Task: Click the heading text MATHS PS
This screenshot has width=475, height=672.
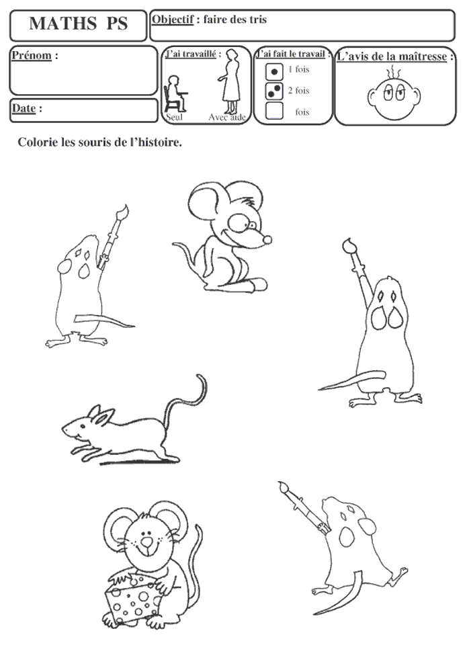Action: (79, 24)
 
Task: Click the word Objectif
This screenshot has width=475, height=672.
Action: (173, 19)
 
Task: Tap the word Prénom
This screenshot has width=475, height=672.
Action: (32, 55)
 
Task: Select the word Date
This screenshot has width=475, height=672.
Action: (24, 108)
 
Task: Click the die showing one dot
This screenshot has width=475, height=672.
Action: (274, 72)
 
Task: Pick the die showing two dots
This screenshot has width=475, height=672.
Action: (274, 91)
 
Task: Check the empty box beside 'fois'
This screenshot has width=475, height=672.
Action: (274, 110)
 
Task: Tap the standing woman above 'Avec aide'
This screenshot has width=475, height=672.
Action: (230, 81)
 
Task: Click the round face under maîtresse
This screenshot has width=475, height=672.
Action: (394, 96)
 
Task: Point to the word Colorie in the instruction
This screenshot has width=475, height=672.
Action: (38, 142)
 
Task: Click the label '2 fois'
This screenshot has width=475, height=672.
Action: (298, 91)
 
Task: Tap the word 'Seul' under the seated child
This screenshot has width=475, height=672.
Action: (174, 117)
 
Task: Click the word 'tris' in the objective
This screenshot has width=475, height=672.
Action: (259, 19)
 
